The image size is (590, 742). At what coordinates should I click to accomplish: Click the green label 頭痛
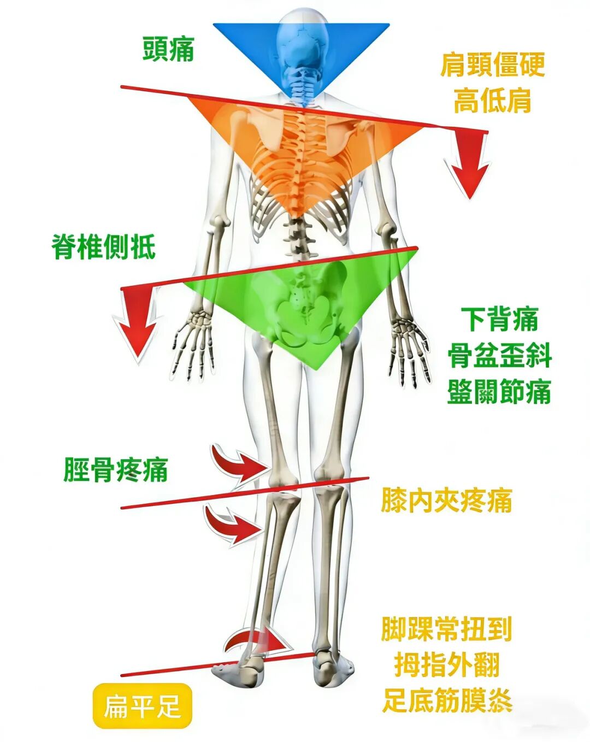click(169, 49)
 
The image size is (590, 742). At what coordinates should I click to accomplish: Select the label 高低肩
click(492, 101)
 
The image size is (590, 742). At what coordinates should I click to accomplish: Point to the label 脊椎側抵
click(103, 247)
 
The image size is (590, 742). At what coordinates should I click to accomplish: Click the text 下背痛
click(499, 319)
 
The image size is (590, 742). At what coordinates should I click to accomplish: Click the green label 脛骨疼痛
click(115, 469)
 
